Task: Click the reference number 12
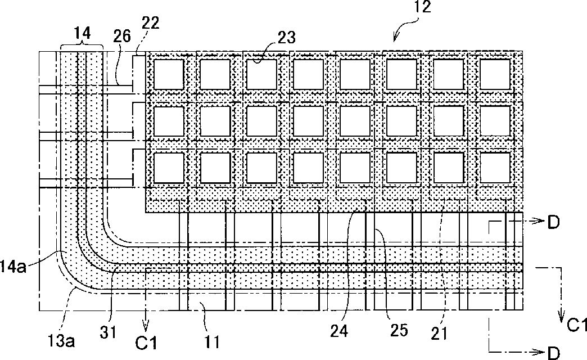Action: click(422, 7)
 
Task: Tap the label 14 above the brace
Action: click(82, 33)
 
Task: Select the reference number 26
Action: click(121, 36)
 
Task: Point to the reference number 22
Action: click(151, 23)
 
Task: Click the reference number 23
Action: click(286, 37)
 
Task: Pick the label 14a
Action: click(13, 267)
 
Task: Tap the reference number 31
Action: click(109, 332)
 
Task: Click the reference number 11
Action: click(212, 341)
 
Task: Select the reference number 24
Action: click(339, 331)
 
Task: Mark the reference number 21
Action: click(439, 333)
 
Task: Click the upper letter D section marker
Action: click(553, 223)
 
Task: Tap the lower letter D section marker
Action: click(553, 352)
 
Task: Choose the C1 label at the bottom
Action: click(146, 343)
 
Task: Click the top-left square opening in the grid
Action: click(169, 75)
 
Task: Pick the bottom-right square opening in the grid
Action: click(495, 168)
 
